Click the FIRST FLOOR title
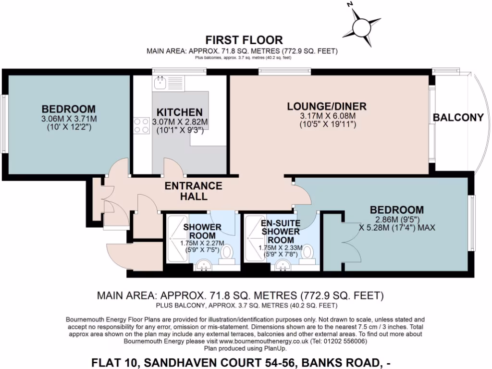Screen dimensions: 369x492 click(x=244, y=40)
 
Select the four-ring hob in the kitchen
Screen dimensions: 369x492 click(x=142, y=126)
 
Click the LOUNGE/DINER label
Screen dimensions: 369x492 click(x=327, y=106)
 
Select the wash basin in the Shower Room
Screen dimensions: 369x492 click(x=204, y=264)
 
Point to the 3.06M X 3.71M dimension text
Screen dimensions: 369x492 click(x=68, y=119)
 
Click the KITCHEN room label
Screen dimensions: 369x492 click(x=179, y=112)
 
